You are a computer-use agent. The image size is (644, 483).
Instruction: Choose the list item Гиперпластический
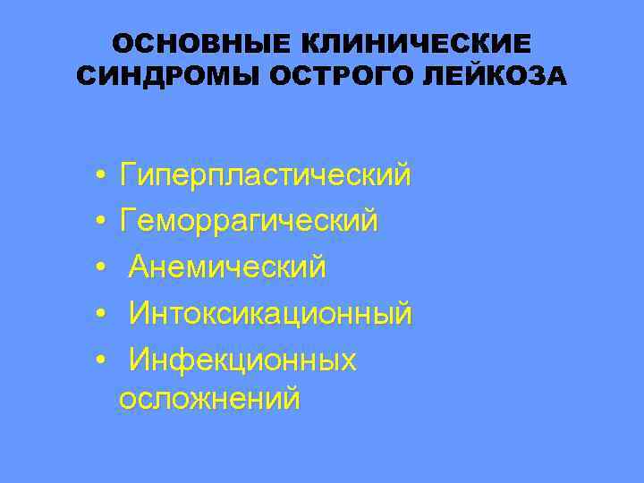(x=266, y=175)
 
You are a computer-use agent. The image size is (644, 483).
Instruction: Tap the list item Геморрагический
(x=250, y=220)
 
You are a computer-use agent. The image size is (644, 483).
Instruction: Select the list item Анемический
(x=228, y=267)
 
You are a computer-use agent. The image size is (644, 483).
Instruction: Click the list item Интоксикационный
(x=270, y=313)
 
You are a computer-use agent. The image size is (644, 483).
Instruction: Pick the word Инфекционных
(x=242, y=360)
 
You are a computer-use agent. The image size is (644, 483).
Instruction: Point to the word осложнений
(x=209, y=399)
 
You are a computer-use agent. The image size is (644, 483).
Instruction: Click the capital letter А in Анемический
(x=139, y=267)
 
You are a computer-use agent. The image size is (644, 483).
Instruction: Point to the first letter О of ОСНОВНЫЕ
(x=124, y=44)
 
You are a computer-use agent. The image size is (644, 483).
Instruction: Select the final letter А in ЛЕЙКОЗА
(x=556, y=77)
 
